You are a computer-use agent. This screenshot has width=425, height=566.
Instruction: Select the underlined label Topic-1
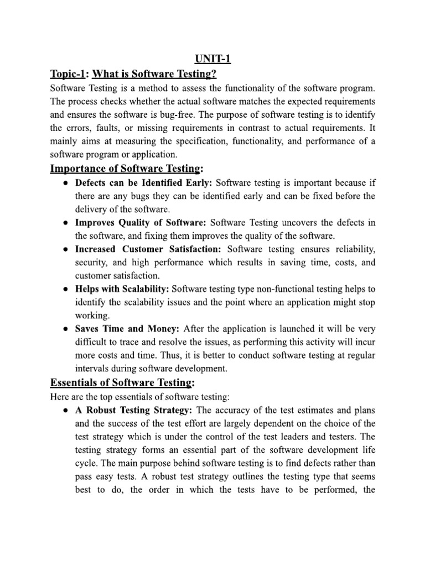point(70,74)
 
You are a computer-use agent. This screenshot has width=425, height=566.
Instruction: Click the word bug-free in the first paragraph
point(196,114)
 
